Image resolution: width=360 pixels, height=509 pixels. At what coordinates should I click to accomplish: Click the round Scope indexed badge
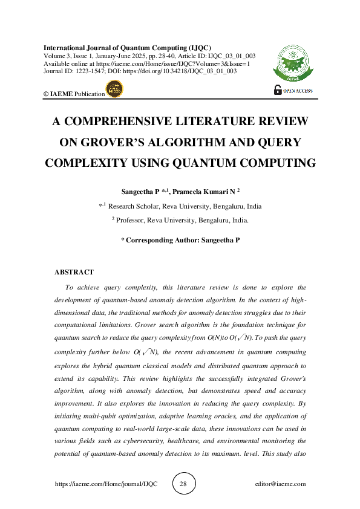[x=114, y=88]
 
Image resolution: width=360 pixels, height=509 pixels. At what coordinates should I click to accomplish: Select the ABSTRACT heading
[x=74, y=272]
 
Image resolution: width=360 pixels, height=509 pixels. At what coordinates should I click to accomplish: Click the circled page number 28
[x=183, y=484]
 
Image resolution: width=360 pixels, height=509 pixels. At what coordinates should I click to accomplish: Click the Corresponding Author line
[x=180, y=240]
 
